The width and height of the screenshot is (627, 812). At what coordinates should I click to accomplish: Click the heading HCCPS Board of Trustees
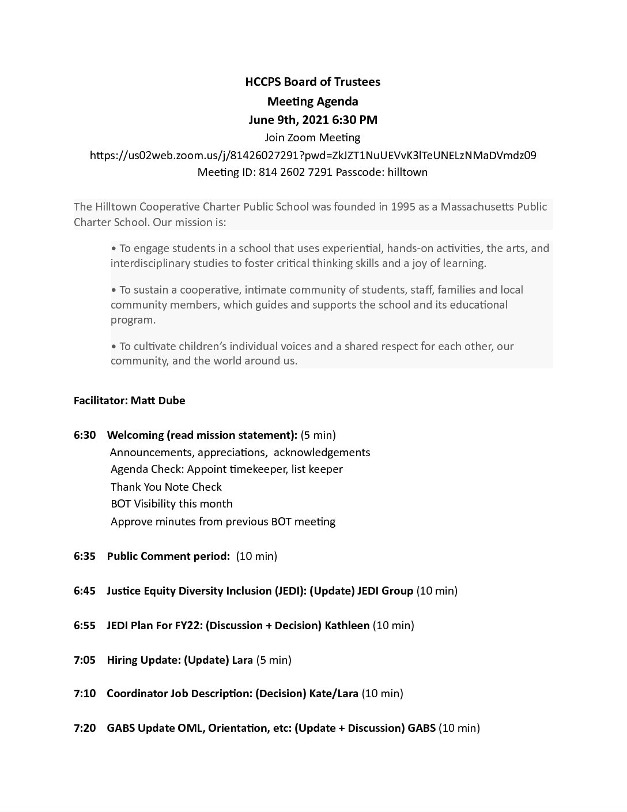(312, 82)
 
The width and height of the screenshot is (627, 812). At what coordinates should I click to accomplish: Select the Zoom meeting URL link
(313, 155)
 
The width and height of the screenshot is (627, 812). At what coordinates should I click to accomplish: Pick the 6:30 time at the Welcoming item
(85, 435)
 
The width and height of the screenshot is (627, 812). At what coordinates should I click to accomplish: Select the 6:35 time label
(85, 557)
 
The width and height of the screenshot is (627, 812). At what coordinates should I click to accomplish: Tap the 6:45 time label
(85, 591)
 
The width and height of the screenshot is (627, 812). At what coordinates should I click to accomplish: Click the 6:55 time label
(85, 626)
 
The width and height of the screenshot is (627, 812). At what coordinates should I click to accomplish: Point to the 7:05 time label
(85, 660)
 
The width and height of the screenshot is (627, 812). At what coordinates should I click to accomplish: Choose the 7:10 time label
(85, 694)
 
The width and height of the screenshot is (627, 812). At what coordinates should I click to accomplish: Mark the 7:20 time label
(85, 728)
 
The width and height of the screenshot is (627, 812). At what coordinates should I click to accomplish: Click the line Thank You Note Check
(166, 487)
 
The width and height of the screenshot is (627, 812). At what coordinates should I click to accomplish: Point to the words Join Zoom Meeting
(312, 138)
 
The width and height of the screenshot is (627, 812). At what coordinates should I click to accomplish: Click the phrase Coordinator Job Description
(179, 694)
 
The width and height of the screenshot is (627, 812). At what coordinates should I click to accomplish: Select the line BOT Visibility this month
(171, 504)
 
